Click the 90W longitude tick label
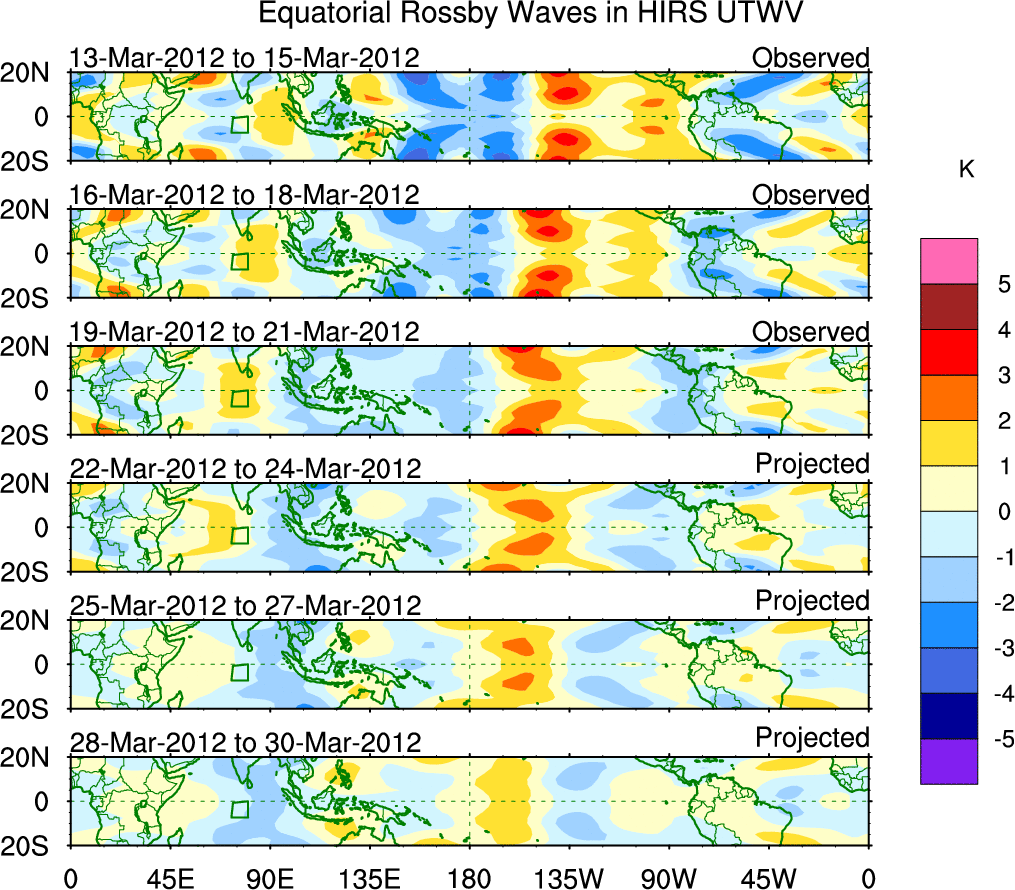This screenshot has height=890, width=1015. pyautogui.click(x=669, y=877)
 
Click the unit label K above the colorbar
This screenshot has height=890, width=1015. pyautogui.click(x=966, y=170)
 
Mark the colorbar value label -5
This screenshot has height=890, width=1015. pyautogui.click(x=995, y=739)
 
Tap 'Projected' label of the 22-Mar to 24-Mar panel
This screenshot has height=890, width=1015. pyautogui.click(x=812, y=464)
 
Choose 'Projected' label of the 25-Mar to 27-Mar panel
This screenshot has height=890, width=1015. pyautogui.click(x=812, y=601)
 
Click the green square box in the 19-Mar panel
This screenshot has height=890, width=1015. pyautogui.click(x=240, y=398)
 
